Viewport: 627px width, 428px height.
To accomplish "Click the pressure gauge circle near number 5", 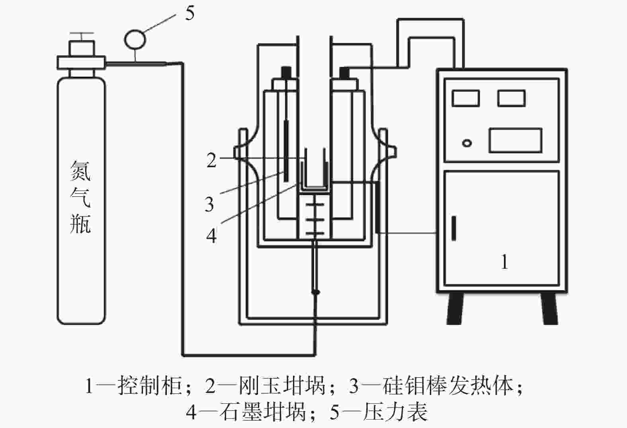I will [x=135, y=39].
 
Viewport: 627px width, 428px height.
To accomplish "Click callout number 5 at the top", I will [x=190, y=14].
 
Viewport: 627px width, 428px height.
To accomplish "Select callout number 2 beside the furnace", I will [x=211, y=160].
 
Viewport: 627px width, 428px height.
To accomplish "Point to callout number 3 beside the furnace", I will [x=210, y=204].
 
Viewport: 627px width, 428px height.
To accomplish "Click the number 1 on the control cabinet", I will [x=504, y=262].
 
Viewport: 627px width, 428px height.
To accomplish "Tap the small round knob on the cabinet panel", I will [x=467, y=143].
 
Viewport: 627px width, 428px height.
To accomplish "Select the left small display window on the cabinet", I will [x=465, y=98].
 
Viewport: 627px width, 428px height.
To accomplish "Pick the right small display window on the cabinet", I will [x=512, y=98].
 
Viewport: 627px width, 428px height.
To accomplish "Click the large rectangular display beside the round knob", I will [x=515, y=140].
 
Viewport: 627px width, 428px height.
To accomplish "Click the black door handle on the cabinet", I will [x=453, y=228].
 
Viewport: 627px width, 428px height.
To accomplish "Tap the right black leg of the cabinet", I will [x=549, y=308].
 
